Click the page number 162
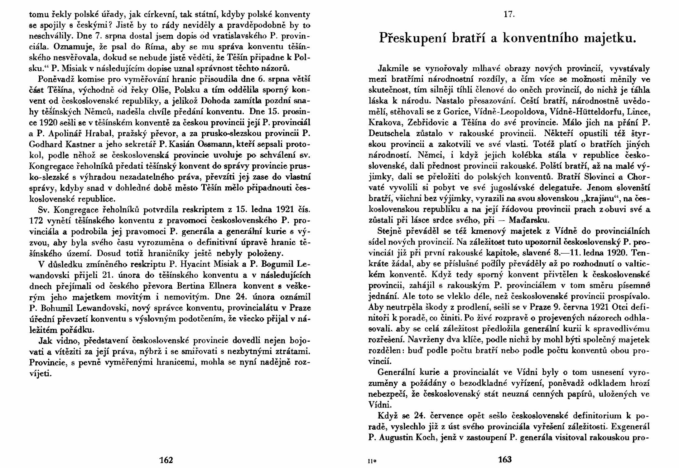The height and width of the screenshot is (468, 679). click(x=166, y=460)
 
